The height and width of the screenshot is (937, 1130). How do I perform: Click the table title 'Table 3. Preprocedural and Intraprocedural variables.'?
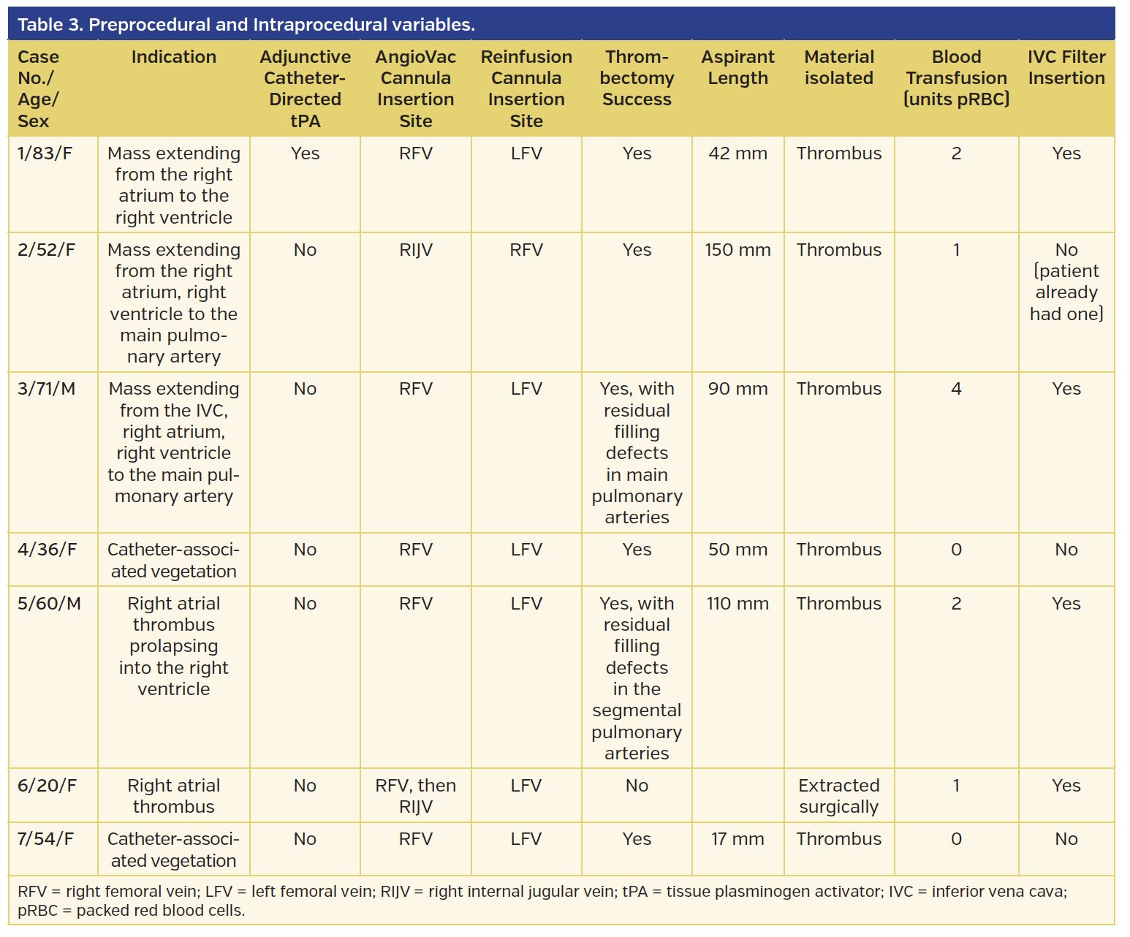coord(246,25)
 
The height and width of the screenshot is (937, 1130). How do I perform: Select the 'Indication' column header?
coord(174,57)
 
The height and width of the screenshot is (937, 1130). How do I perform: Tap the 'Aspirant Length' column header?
coord(737,68)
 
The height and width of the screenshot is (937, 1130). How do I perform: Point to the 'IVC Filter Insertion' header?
coord(1066,68)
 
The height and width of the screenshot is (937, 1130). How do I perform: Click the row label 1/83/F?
coord(45,153)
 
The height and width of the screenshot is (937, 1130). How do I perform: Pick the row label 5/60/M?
coord(49,604)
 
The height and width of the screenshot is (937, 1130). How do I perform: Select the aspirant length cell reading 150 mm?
coord(737,250)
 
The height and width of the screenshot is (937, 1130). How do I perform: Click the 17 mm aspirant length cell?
coord(737,839)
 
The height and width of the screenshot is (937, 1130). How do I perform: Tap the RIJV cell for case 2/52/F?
coord(416,250)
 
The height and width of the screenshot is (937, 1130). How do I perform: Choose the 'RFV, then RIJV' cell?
coord(416,796)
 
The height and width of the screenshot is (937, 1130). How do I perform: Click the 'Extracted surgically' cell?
coord(839,796)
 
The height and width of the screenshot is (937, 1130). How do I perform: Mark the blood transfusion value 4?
coord(956,389)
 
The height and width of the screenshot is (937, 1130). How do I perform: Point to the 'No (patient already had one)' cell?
coord(1066,282)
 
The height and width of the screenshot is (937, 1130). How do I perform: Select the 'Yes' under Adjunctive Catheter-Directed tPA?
coord(306,153)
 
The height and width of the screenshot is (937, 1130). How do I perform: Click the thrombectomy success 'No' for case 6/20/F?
coord(637,786)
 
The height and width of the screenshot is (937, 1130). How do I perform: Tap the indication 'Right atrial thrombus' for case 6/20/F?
coord(174,796)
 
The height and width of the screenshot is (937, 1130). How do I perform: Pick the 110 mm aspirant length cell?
coord(737,604)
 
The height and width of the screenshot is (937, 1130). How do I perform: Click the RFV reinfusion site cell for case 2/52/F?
coord(526,250)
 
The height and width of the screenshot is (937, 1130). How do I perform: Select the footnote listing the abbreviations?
coord(542,901)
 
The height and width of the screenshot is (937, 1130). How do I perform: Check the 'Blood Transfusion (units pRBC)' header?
coord(956,78)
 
